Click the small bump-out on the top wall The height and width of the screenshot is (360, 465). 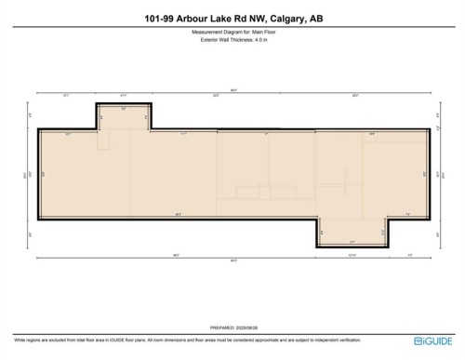coord(124,116)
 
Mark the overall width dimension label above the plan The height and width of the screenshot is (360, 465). coord(232,89)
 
